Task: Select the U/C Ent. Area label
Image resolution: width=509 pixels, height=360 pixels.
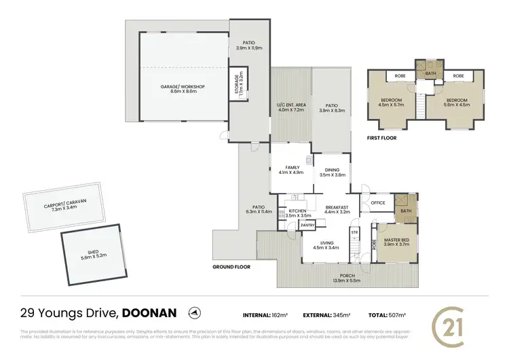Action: (x=291, y=107)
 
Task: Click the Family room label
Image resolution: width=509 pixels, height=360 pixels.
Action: (x=293, y=170)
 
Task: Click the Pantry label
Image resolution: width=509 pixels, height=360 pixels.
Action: (x=307, y=224)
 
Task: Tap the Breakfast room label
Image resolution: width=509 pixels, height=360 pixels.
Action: (x=337, y=210)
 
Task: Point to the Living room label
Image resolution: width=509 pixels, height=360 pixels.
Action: (x=326, y=245)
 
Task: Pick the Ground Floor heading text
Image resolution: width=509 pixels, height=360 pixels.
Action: (x=232, y=267)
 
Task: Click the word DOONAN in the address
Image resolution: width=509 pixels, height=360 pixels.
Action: (x=151, y=313)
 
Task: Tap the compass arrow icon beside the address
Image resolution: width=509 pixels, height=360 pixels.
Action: (x=195, y=313)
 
